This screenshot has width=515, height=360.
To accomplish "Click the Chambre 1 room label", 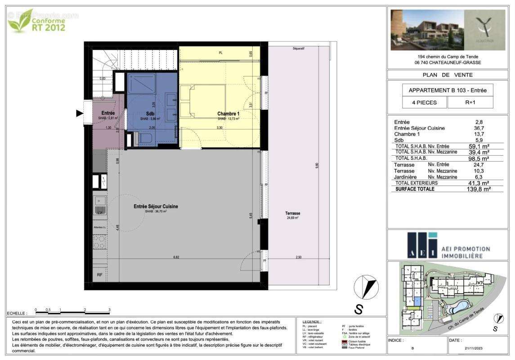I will click(x=228, y=114).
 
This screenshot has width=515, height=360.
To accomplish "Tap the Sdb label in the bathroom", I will click(x=150, y=114).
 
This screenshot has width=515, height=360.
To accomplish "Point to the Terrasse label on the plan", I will click(x=292, y=213).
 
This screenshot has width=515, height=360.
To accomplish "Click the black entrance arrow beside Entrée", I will click(x=80, y=113).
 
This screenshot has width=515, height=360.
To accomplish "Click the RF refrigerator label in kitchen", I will click(x=99, y=274).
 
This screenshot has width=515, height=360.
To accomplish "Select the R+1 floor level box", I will click(x=470, y=103).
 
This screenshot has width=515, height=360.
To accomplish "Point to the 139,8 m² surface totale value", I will click(x=478, y=189).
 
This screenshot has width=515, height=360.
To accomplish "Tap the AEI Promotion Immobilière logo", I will click(x=448, y=246).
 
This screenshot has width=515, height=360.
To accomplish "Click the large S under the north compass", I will click(x=359, y=309).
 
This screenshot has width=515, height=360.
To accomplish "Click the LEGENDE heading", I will click(x=312, y=322).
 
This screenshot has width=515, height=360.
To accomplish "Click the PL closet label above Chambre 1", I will click(x=220, y=53).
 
